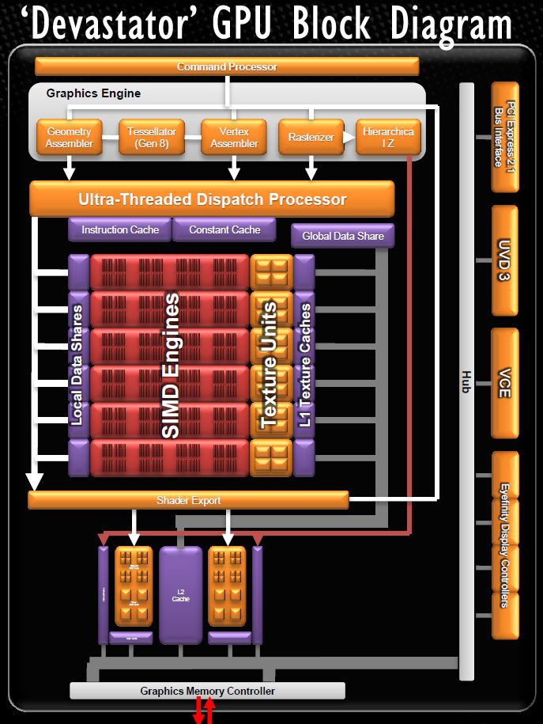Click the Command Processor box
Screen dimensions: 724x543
(227, 67)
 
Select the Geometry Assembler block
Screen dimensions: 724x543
(70, 138)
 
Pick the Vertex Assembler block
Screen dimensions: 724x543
(234, 138)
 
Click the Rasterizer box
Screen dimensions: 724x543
(311, 138)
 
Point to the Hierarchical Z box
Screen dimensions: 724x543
(388, 138)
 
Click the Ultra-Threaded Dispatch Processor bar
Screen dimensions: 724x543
(212, 199)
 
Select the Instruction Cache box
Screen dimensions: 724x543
(120, 229)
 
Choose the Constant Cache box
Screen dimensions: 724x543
(224, 229)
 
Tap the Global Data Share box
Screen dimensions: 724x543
(342, 236)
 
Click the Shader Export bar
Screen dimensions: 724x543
(188, 500)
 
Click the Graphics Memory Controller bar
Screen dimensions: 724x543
(208, 691)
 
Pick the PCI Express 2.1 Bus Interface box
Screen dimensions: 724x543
(504, 137)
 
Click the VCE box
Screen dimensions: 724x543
(504, 383)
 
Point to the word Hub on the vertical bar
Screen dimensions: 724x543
(466, 382)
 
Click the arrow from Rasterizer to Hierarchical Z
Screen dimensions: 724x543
(345, 138)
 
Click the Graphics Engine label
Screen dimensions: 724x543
(93, 93)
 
